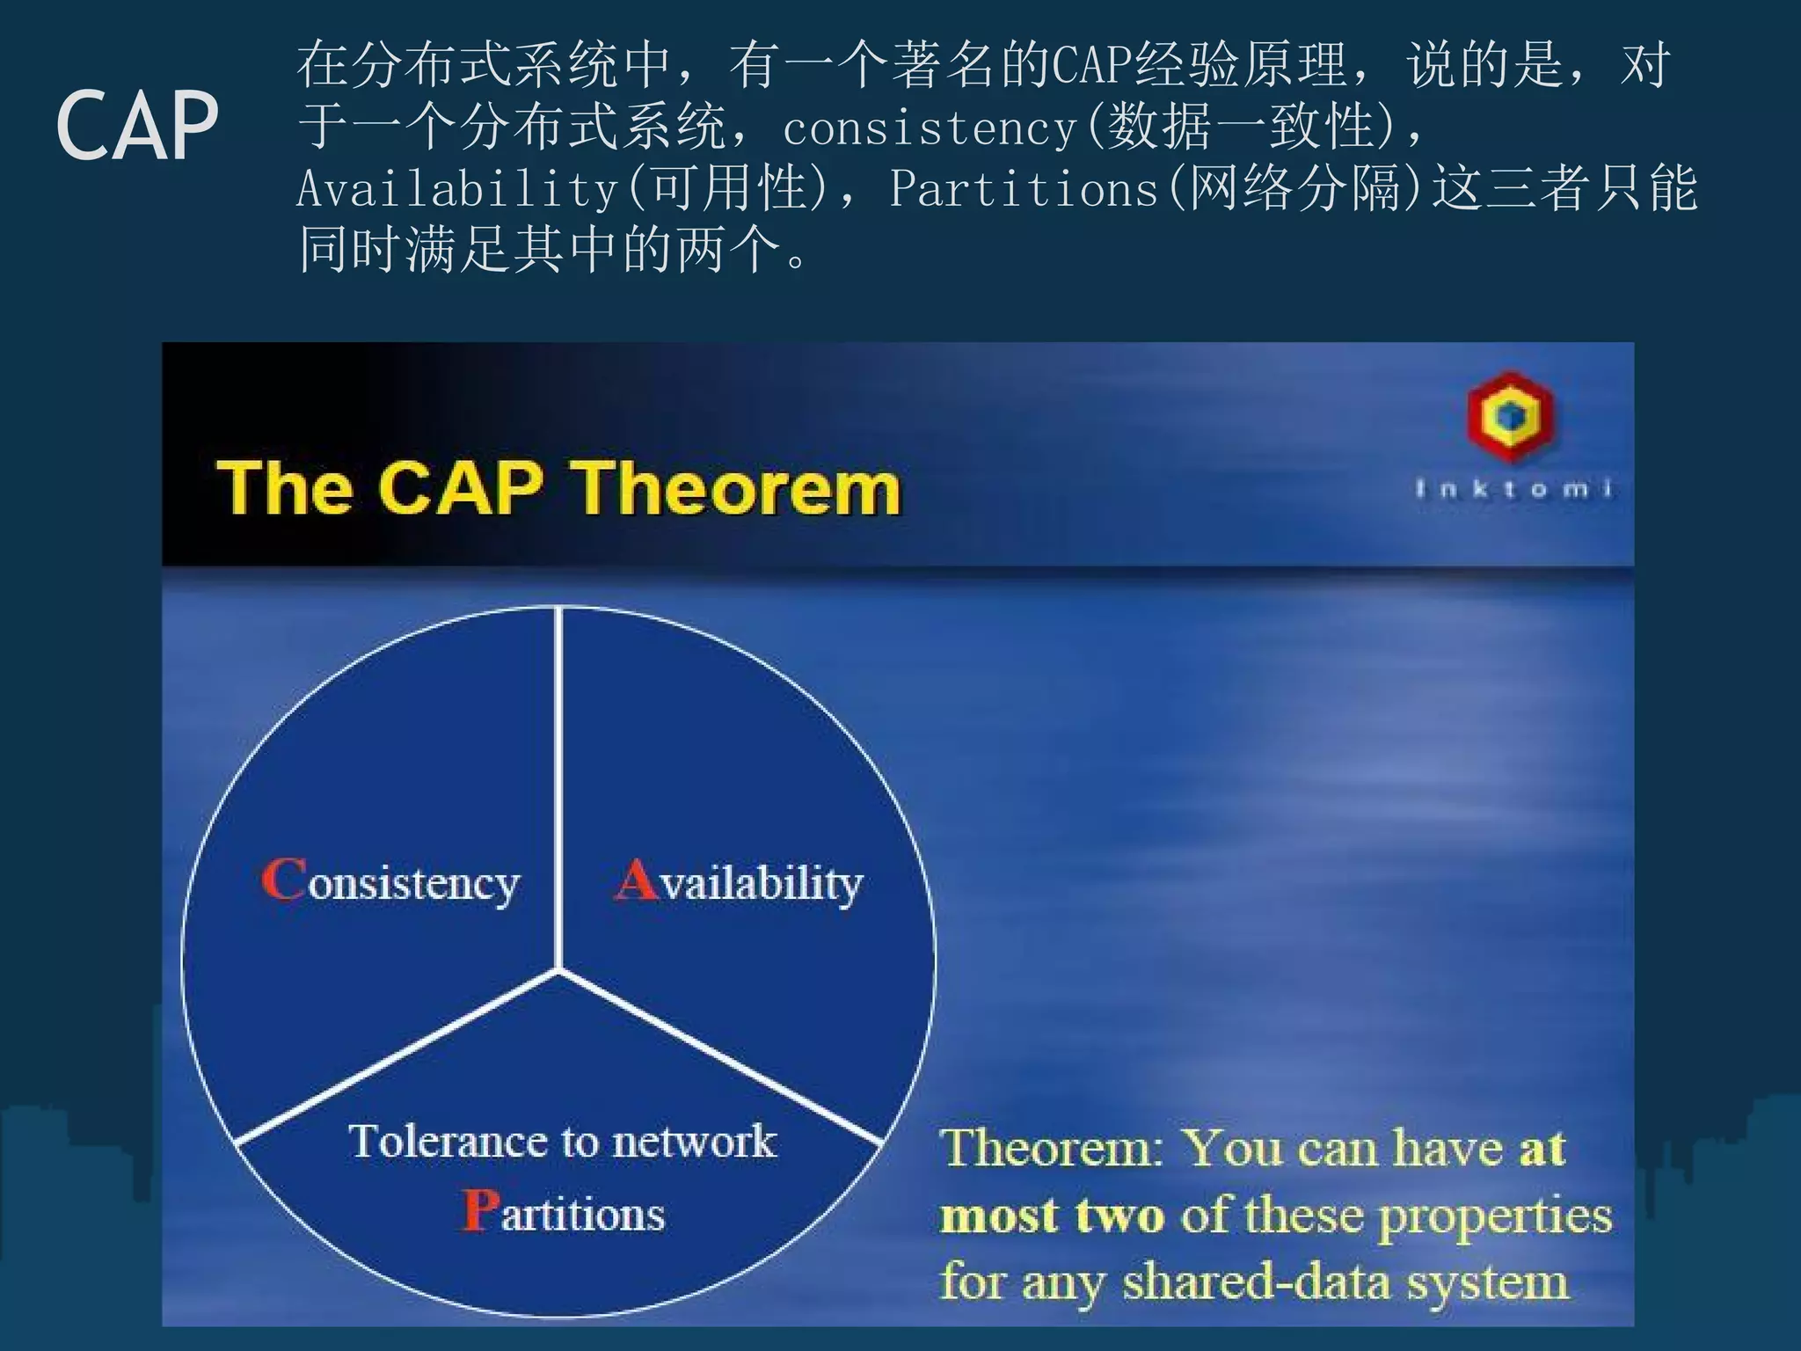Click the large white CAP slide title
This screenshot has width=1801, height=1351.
click(137, 126)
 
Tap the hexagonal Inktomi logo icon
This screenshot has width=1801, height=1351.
click(1510, 416)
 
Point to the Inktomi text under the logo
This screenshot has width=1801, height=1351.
click(1513, 488)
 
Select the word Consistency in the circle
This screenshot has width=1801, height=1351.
click(391, 882)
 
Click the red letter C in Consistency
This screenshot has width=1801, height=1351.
click(283, 880)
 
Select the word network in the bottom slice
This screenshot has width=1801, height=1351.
click(694, 1142)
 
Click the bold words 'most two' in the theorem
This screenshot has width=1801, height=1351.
click(1052, 1216)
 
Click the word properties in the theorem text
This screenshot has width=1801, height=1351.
click(1494, 1216)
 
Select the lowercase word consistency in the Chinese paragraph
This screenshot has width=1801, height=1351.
click(930, 129)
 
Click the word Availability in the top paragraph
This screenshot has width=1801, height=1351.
click(457, 189)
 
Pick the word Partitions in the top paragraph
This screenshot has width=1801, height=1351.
click(1024, 189)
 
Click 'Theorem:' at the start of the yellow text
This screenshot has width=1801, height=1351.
click(1051, 1149)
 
